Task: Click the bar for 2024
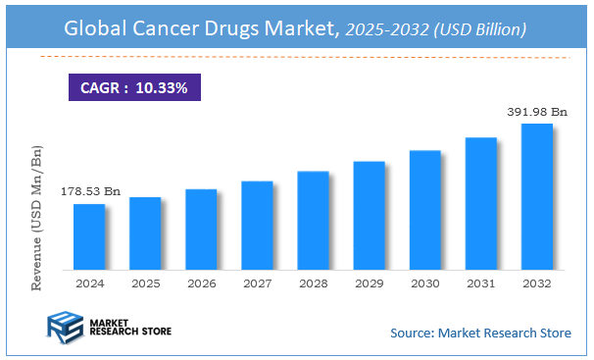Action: coord(89,236)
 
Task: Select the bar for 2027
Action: coord(257,225)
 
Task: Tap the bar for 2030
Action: coord(424,210)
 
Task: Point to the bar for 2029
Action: coord(369,215)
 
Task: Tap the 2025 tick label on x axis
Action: coord(145,283)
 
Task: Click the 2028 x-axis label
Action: coord(313,283)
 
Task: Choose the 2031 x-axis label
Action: coord(480,283)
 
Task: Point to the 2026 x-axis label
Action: coord(201,283)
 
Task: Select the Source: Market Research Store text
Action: coord(480,334)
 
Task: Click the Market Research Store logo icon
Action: coord(66,328)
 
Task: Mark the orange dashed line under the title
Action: coord(294,58)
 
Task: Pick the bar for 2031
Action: coord(480,203)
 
